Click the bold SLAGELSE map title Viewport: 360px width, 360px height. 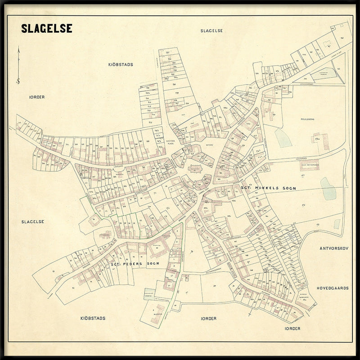[46, 28]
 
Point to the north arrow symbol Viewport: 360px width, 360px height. [18, 65]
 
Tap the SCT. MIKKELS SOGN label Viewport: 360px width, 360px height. [268, 188]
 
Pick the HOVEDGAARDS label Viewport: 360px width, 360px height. [333, 288]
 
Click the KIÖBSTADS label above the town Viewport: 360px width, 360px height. [120, 64]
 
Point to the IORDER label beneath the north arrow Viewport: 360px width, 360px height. [37, 97]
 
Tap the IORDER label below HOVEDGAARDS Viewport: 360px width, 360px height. [292, 328]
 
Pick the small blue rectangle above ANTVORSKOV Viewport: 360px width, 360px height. [337, 224]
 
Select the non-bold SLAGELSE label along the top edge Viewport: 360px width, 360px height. [211, 30]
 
